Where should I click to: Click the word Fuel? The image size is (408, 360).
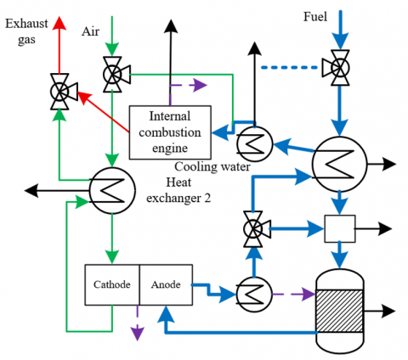[315, 17]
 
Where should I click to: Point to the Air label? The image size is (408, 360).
[90, 31]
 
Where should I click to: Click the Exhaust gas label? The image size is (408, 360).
[26, 31]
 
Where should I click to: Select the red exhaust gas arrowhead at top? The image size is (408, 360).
[59, 23]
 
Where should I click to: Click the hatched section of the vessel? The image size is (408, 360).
[339, 311]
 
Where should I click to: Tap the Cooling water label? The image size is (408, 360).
[212, 166]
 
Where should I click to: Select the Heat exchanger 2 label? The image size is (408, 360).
[178, 190]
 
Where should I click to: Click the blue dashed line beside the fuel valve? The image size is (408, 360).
[289, 67]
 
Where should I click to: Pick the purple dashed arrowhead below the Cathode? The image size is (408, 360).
[138, 334]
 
